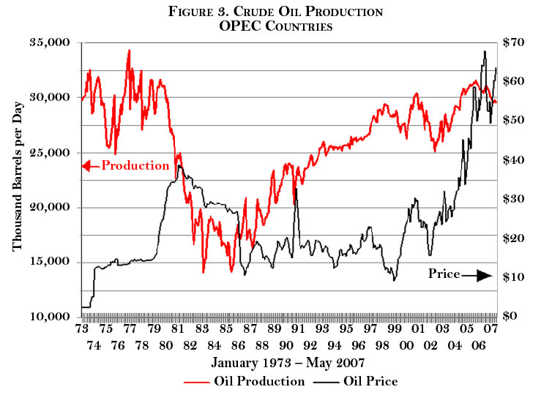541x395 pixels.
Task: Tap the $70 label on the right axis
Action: pos(512,43)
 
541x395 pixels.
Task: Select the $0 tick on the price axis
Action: pos(510,317)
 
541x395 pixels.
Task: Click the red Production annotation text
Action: pos(135,165)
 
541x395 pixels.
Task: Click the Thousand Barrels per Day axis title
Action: pos(18,180)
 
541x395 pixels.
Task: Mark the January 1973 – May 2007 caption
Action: pos(288,363)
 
